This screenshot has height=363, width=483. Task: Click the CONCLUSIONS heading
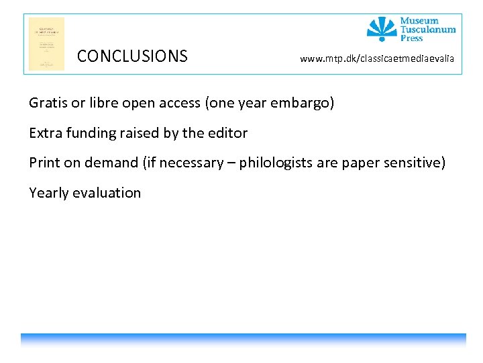[x=132, y=56]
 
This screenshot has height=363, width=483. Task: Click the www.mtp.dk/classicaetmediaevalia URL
[x=377, y=59]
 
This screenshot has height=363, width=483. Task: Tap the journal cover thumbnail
[x=46, y=44]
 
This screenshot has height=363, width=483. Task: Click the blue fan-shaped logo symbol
[x=382, y=29]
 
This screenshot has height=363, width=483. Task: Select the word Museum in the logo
[x=419, y=21]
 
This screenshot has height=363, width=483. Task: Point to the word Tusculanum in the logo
[x=428, y=30]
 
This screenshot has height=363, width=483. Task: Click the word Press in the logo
[x=412, y=38]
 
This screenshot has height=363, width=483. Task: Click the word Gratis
[x=48, y=103]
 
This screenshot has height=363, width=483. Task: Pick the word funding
[x=92, y=133]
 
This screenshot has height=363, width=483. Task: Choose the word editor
[x=227, y=133]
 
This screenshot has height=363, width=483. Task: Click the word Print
[x=44, y=163]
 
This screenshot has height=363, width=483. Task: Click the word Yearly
[x=48, y=193]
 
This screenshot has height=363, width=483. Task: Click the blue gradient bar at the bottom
[x=243, y=339]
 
